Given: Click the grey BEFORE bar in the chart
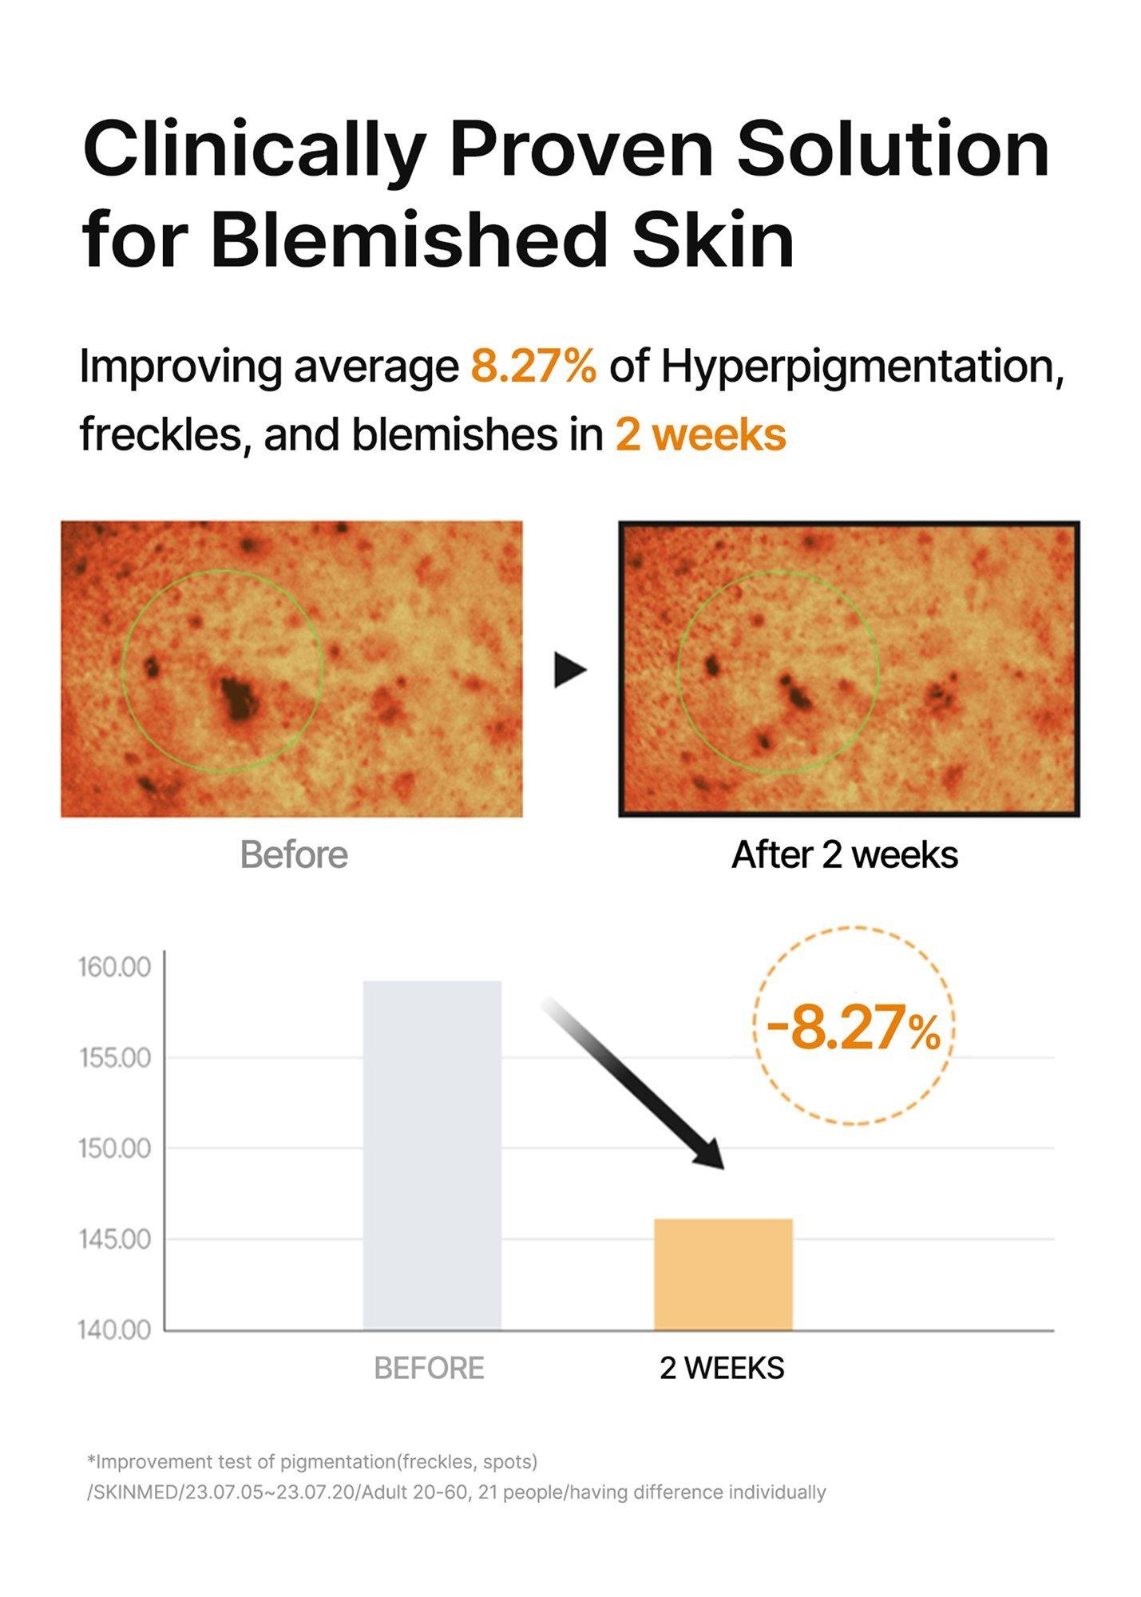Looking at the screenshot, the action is (x=432, y=1155).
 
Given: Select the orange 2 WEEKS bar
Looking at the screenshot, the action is (x=723, y=1274).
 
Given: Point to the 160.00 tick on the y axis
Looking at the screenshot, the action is (x=115, y=967).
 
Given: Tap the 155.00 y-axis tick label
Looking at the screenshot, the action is (x=115, y=1057).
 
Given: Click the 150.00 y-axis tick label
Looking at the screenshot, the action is (x=115, y=1148).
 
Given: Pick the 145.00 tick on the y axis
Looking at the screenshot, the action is (x=115, y=1239).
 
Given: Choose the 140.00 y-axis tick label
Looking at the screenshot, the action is (x=115, y=1330).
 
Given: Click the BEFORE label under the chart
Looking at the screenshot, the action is (x=429, y=1369).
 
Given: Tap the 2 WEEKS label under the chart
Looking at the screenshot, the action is (x=722, y=1369).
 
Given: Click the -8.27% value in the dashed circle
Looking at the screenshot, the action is (x=854, y=1028).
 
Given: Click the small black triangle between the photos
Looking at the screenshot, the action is (x=570, y=669).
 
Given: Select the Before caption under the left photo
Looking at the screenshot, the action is (x=294, y=854).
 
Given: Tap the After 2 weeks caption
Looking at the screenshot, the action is (x=845, y=854).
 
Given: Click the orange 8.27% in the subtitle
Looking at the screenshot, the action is (x=533, y=367).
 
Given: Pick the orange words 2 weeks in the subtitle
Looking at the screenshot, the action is (x=700, y=435).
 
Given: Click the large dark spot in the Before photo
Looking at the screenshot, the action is (x=238, y=699).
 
